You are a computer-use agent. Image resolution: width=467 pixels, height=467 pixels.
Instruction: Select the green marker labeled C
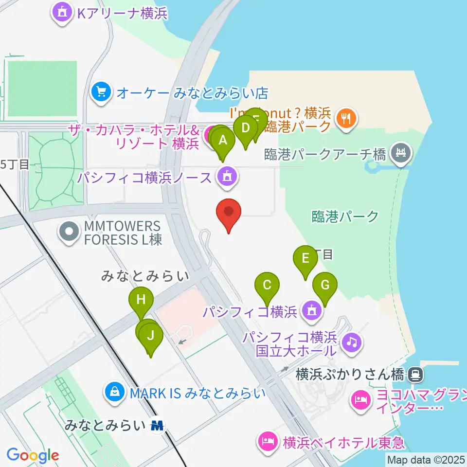coord(267,285)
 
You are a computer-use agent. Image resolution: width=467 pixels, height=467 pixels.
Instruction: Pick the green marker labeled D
coord(246,128)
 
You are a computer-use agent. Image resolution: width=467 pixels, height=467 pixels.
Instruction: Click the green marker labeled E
coord(305,258)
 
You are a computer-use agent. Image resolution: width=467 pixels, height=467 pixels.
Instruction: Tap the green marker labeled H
coord(141,300)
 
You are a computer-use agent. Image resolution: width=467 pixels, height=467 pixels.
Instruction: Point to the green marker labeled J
coord(151,336)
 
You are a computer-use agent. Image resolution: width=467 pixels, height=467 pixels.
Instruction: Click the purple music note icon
coord(352,342)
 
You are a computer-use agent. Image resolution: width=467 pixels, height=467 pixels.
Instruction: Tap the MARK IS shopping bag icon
coord(115,392)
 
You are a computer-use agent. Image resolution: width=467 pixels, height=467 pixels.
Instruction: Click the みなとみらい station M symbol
coord(157,426)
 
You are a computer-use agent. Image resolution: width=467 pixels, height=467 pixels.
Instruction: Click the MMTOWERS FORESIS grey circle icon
coord(70,232)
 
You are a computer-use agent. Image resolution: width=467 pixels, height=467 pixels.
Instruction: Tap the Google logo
coord(33,456)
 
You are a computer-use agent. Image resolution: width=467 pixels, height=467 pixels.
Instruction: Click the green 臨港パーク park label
coord(345,216)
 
